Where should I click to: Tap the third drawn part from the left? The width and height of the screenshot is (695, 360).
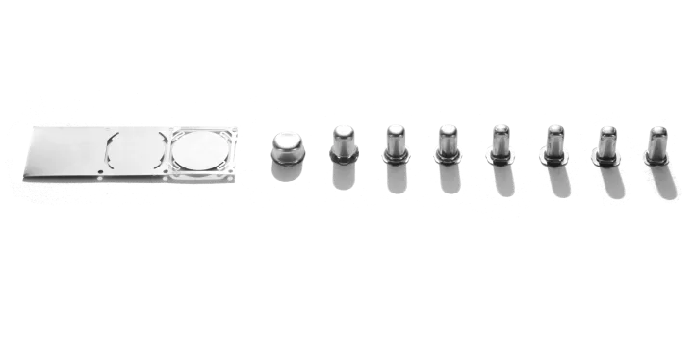point(397,155)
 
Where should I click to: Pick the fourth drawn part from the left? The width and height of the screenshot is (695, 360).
point(449,155)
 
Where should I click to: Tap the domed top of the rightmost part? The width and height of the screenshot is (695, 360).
point(659,129)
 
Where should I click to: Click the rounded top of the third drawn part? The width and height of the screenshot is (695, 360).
point(397,131)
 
